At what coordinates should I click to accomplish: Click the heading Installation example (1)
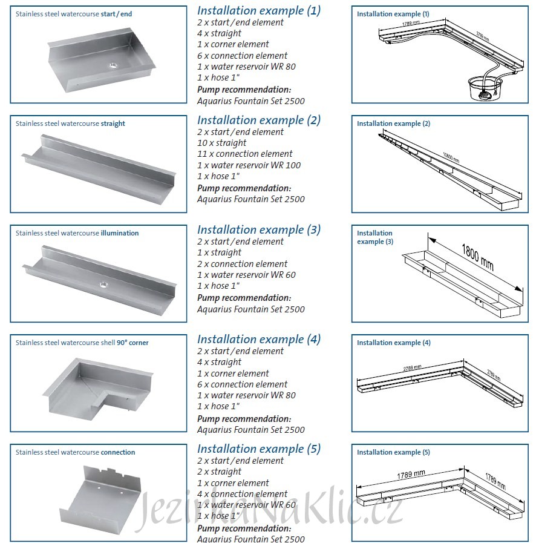pyautogui.click(x=259, y=10)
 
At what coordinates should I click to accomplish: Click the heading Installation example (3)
pyautogui.click(x=259, y=229)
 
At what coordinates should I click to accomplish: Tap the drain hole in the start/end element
pyautogui.click(x=112, y=65)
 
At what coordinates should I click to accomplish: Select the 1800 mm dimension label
pyautogui.click(x=478, y=257)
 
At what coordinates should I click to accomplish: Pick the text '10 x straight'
pyautogui.click(x=222, y=143)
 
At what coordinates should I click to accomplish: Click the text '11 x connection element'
pyautogui.click(x=244, y=154)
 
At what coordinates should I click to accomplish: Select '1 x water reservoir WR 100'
pyautogui.click(x=249, y=165)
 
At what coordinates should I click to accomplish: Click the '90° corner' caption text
pyautogui.click(x=132, y=343)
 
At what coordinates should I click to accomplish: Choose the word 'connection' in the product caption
pyautogui.click(x=118, y=452)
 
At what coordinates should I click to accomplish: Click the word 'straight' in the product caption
pyautogui.click(x=114, y=123)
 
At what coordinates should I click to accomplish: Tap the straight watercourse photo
pyautogui.click(x=100, y=167)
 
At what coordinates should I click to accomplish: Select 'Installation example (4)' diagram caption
pyautogui.click(x=394, y=343)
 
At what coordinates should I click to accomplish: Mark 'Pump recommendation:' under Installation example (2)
pyautogui.click(x=244, y=188)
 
